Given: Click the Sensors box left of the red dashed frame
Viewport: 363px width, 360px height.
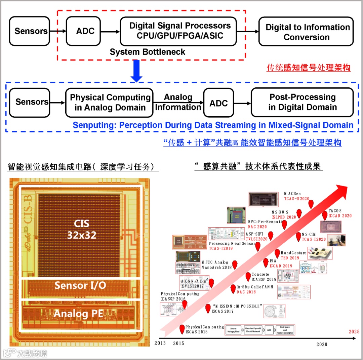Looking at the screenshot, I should coord(30,31).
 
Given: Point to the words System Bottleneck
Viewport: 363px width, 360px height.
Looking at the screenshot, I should coord(148,52).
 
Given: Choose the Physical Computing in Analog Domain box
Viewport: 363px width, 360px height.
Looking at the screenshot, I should coord(110,103).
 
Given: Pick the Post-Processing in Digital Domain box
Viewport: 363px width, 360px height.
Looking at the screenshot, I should coord(302,102).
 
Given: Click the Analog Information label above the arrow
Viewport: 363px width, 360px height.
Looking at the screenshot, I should coord(178,102).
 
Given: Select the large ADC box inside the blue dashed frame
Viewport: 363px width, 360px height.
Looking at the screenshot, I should coord(218,103).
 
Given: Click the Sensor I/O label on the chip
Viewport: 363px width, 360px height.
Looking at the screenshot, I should coord(80,285).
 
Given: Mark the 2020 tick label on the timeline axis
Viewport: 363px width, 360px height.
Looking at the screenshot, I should coord(322,344).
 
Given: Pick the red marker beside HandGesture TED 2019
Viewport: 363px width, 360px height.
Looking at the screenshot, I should coord(277,253).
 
